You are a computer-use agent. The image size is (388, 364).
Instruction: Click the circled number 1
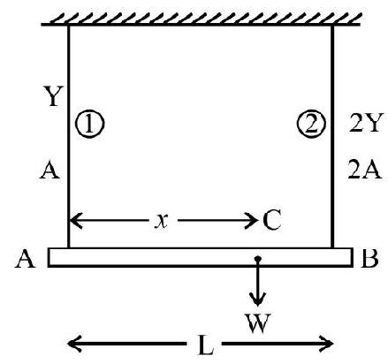pos(90,124)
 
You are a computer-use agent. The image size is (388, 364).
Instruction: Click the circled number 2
pos(311,124)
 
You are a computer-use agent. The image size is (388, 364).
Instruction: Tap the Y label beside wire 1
pos(53,96)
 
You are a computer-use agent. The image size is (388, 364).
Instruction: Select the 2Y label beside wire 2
pos(366,123)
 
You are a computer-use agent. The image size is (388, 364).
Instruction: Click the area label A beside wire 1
pos(49,170)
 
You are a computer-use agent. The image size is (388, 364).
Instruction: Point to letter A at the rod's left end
pos(25,258)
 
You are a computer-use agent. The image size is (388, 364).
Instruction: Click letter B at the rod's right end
pos(369,257)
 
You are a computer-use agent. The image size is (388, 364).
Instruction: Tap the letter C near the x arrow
pos(271,220)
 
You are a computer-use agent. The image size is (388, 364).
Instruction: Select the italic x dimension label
pos(162,221)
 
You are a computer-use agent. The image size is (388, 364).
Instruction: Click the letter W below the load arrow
pos(258,323)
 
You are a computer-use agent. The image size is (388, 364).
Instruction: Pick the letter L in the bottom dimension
pos(206,345)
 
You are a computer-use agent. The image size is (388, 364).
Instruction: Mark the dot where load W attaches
pos(258,259)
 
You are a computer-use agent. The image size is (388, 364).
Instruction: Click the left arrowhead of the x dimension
pos(76,220)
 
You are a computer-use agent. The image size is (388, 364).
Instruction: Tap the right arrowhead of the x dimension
pos(250,220)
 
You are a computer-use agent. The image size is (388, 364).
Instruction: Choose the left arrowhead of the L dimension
pos(74,344)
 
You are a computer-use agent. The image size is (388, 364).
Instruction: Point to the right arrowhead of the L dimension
pos(326,344)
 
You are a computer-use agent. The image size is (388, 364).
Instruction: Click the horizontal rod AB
pos(201,257)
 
